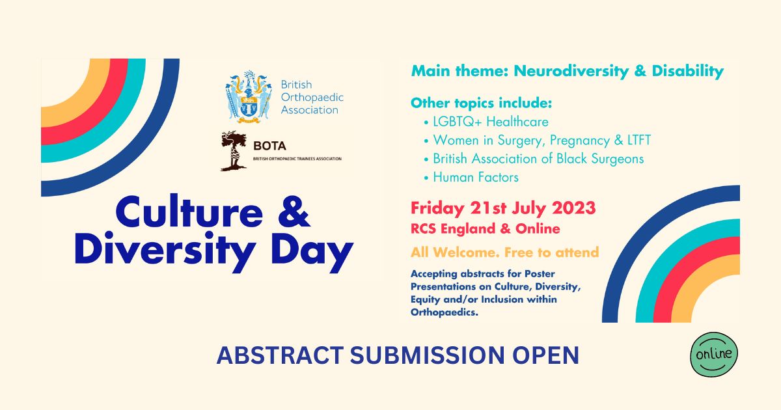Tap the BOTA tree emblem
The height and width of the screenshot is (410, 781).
click(x=234, y=151)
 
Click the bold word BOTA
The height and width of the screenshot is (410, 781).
click(x=269, y=146)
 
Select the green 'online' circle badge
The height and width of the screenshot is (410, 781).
click(x=714, y=355)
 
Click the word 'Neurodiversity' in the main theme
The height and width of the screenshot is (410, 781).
click(x=571, y=71)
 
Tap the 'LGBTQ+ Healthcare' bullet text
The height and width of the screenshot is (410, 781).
click(x=491, y=122)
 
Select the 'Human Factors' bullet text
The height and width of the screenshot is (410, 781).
click(x=476, y=178)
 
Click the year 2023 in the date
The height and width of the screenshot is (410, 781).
click(x=574, y=208)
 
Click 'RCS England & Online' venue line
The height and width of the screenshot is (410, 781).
click(x=486, y=229)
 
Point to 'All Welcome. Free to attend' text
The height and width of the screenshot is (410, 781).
click(x=504, y=252)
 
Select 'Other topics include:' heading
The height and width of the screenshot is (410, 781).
click(x=481, y=103)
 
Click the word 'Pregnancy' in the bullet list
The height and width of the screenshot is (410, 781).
click(x=580, y=141)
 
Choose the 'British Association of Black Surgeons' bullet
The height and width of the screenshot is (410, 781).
click(x=538, y=159)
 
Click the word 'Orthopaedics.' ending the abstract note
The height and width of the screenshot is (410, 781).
click(x=444, y=312)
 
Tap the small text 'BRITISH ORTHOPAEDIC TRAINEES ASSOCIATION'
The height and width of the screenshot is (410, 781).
click(x=297, y=159)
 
